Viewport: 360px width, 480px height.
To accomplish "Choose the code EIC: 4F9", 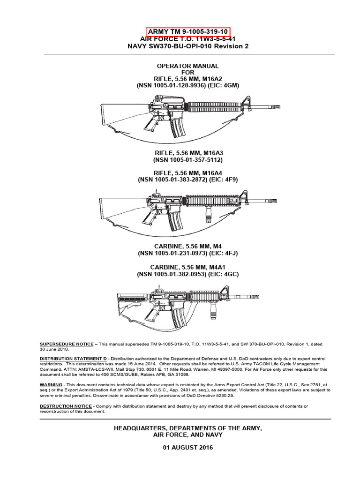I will point(227,180).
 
